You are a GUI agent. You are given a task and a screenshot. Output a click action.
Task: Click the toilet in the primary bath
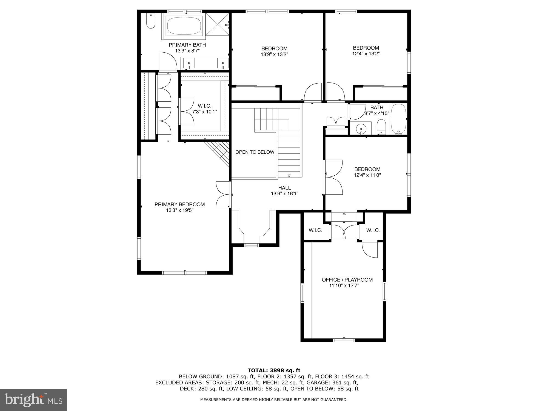tap(150, 21)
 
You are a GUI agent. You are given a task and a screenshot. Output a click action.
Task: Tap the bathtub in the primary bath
tap(184, 25)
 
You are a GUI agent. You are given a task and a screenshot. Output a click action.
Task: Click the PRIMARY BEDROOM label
tap(179, 204)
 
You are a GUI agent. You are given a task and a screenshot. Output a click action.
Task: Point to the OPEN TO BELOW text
tap(255, 152)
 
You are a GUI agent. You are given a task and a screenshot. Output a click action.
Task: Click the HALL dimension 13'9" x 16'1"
tap(284, 194)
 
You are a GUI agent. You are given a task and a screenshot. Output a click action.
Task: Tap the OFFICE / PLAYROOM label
tap(347, 280)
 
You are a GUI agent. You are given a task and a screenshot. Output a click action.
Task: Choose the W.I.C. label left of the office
tap(315, 230)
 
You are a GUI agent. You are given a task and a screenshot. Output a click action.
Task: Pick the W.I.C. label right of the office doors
tap(373, 230)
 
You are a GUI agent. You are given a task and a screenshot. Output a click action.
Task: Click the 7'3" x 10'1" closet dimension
tap(204, 112)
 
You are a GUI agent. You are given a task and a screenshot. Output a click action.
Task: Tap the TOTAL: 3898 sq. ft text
tap(274, 371)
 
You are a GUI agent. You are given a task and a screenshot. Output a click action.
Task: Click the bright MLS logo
tap(33, 400)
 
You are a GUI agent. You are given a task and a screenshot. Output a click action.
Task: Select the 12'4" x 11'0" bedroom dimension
tap(367, 175)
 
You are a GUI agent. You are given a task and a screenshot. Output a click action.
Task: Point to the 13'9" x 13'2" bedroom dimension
tap(274, 55)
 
